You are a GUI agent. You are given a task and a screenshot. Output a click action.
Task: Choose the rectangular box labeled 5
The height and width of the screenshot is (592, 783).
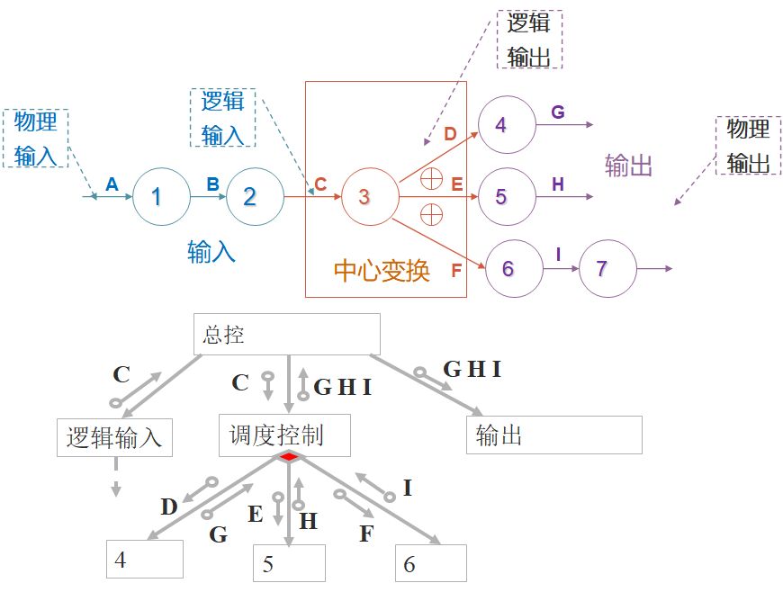(288, 563)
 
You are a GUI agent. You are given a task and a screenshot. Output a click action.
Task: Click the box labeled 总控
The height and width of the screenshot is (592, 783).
(287, 335)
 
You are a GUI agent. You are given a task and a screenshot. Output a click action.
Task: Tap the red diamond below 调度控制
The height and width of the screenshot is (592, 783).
(288, 457)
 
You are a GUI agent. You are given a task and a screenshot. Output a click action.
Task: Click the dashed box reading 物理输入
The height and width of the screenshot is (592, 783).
(36, 139)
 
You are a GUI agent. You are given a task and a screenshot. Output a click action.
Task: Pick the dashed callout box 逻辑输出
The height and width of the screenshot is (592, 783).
(529, 40)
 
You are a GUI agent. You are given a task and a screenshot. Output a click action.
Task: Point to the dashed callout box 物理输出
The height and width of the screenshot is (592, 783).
(748, 145)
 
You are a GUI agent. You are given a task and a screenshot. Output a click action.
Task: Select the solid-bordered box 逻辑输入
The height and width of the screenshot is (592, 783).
(114, 437)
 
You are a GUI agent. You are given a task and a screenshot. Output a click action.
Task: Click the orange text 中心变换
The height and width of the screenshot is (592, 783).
(382, 270)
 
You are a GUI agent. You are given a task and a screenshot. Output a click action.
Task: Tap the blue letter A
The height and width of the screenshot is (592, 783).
(112, 184)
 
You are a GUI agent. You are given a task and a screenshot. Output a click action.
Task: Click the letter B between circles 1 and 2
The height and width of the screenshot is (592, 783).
(213, 184)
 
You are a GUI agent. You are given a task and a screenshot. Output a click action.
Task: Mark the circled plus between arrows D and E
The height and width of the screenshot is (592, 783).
(432, 178)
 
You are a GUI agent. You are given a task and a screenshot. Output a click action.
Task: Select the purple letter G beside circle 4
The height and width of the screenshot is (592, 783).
(558, 112)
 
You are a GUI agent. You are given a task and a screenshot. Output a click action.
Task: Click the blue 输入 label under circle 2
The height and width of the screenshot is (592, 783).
(211, 251)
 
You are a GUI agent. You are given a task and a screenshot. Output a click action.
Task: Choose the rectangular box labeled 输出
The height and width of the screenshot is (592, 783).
(553, 435)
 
